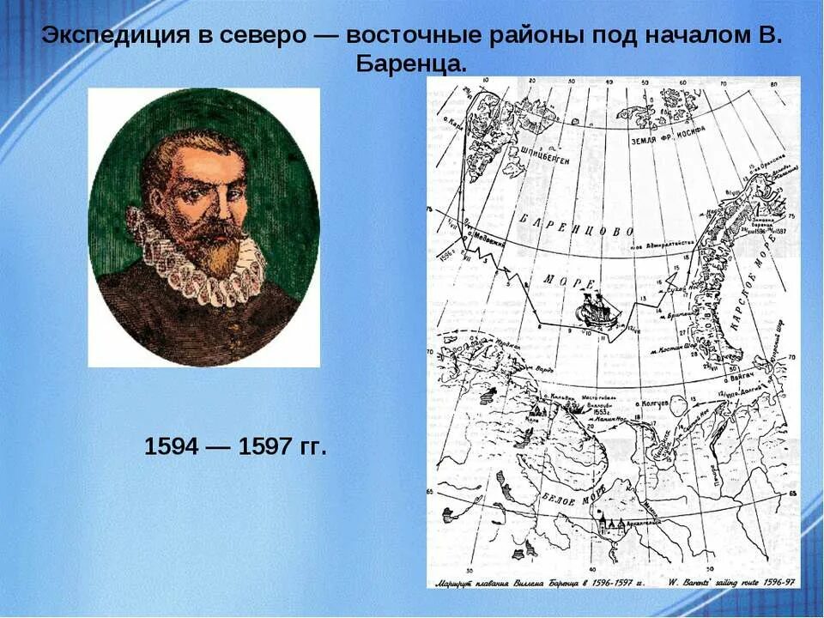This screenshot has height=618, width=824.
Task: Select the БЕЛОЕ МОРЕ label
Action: (x=564, y=495)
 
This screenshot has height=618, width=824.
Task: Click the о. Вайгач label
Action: (x=741, y=376)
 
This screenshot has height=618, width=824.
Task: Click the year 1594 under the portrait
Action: (x=173, y=446)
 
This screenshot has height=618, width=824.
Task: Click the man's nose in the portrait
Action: (x=210, y=210)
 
